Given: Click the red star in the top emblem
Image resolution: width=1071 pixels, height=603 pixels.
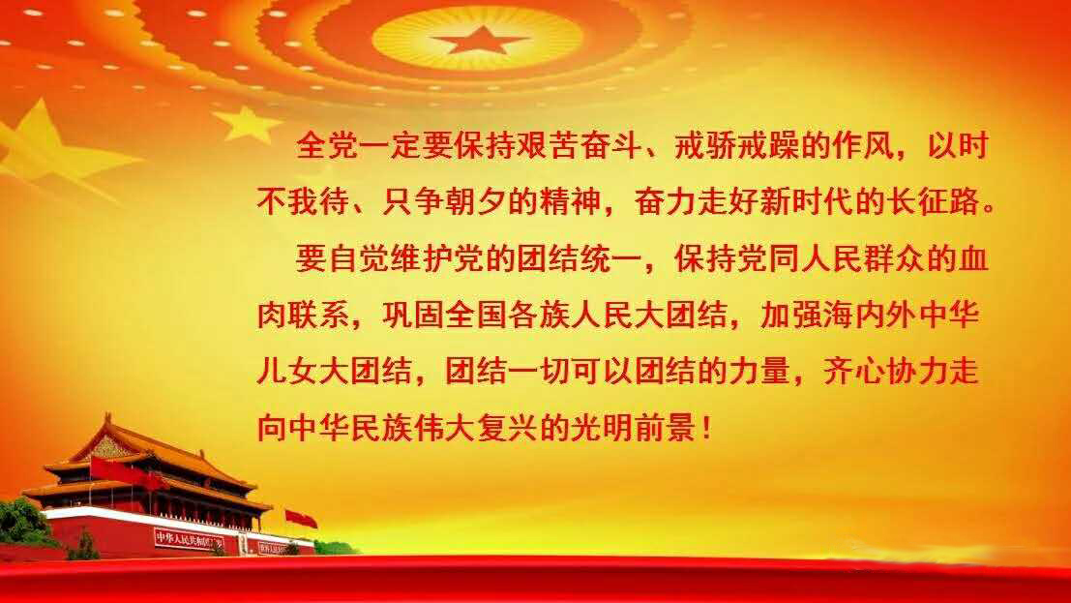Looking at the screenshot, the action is click(480, 41).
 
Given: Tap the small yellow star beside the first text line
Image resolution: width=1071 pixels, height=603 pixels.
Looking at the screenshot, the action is click(248, 124).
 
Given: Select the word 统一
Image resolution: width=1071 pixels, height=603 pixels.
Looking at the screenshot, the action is click(610, 259).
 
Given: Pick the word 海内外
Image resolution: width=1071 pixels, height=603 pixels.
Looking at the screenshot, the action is click(870, 316).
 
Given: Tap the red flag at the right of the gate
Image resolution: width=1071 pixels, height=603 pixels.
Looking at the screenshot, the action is click(301, 519).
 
